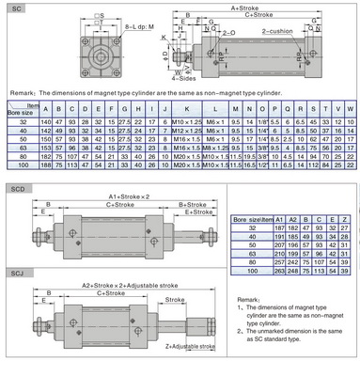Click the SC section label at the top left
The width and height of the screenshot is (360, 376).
(14, 7)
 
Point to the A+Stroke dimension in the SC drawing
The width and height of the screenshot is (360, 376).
(247, 7)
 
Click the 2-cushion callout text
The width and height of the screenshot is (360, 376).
(283, 31)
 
